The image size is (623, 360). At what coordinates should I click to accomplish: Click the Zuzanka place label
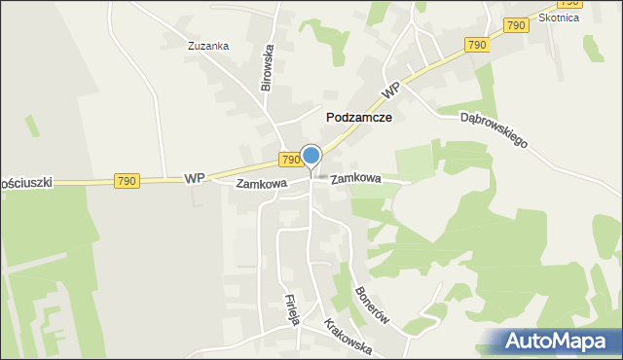[x=209, y=46]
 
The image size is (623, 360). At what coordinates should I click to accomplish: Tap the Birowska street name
[x=269, y=67]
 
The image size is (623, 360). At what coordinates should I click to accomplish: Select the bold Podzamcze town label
[x=358, y=117]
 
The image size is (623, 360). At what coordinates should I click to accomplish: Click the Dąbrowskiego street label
[x=494, y=127]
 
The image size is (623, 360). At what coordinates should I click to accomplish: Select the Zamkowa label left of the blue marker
[x=262, y=183]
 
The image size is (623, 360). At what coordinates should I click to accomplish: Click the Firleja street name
[x=290, y=308]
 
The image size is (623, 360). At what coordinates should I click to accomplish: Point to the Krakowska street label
[x=347, y=337]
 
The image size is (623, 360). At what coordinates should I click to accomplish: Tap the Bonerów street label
[x=374, y=306]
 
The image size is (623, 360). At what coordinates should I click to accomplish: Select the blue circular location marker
[x=311, y=155]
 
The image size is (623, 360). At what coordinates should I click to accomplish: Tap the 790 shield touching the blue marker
[x=290, y=159]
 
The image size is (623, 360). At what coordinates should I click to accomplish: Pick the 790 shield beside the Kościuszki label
[x=127, y=181]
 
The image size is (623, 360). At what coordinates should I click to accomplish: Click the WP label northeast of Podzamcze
[x=391, y=90]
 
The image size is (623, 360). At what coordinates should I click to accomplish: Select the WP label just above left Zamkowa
[x=195, y=178]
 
